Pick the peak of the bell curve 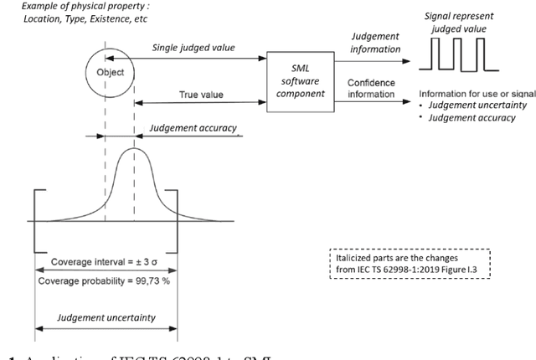tap(133, 152)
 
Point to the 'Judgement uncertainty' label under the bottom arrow tap(106, 318)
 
